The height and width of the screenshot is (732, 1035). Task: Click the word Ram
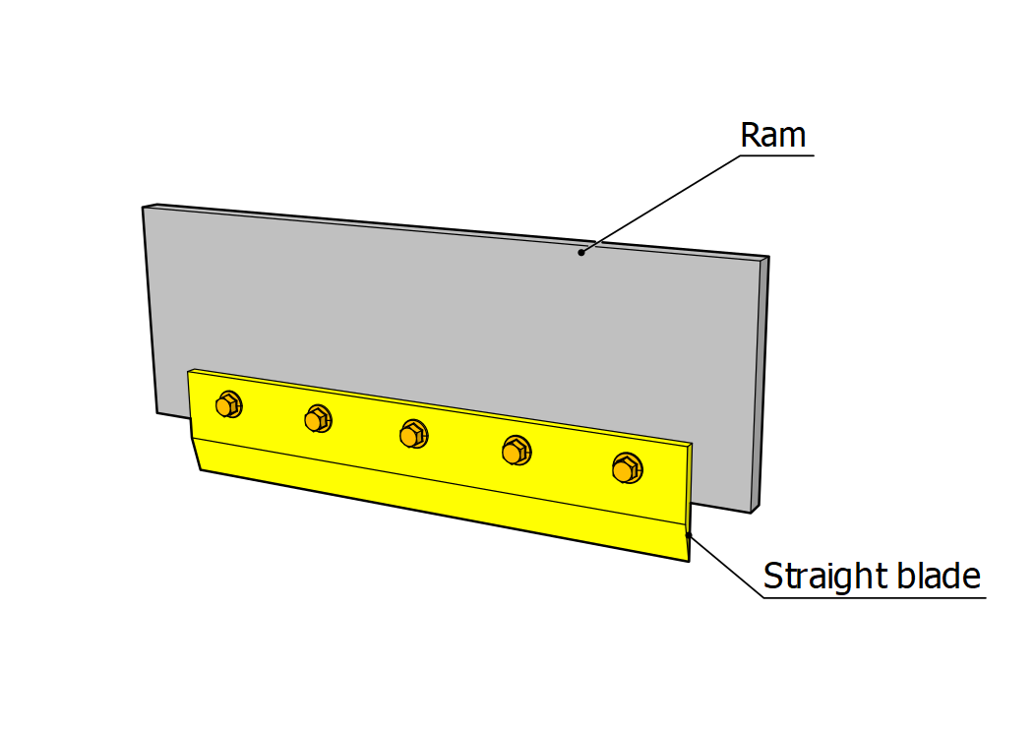click(773, 135)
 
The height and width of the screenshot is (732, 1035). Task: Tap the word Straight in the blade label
click(813, 576)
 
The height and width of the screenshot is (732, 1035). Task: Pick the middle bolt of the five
click(413, 433)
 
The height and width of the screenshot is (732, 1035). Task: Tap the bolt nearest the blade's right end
click(626, 468)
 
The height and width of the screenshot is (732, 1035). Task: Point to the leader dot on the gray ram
click(581, 253)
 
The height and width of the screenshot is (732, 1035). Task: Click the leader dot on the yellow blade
click(689, 535)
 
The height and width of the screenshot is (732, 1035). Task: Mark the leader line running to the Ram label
click(659, 204)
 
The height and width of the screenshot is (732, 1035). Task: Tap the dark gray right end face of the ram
click(761, 384)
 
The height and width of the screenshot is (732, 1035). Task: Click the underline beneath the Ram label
click(776, 155)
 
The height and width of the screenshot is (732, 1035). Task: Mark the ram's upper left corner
click(144, 208)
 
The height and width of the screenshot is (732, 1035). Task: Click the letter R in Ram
click(751, 135)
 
